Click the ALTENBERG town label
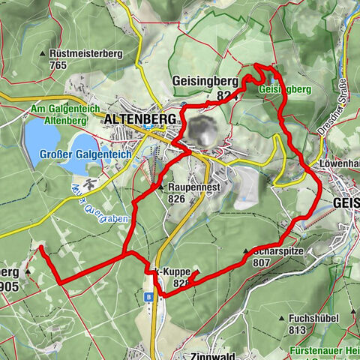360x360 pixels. click(x=139, y=118)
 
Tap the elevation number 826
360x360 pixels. click(x=177, y=199)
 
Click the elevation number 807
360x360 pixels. click(x=262, y=263)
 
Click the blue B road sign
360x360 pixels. click(x=149, y=297)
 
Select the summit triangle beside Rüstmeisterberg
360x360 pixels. click(x=43, y=55)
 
